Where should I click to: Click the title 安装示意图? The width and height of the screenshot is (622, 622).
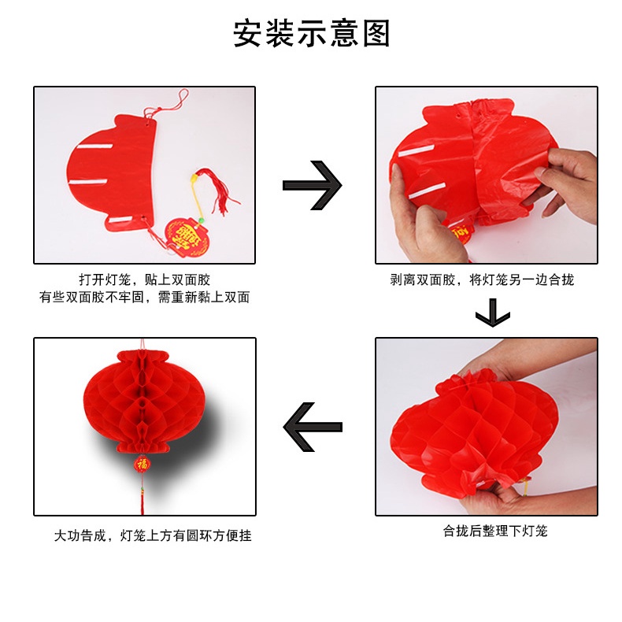click(x=312, y=33)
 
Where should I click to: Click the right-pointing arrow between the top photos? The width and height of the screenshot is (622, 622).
click(x=313, y=185)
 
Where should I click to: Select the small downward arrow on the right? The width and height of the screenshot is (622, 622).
click(x=493, y=313)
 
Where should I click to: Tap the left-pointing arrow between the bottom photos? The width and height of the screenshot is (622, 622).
click(x=313, y=427)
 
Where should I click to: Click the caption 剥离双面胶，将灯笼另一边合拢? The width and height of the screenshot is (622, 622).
click(x=482, y=280)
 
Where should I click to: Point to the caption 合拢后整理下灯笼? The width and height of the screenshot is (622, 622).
click(x=495, y=531)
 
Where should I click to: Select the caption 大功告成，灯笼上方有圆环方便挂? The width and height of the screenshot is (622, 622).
click(x=153, y=535)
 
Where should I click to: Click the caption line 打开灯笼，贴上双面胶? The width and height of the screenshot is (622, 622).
click(x=144, y=280)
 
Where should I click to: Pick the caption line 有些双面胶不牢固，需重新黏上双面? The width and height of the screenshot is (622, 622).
click(x=144, y=297)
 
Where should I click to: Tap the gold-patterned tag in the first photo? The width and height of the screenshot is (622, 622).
click(x=187, y=237)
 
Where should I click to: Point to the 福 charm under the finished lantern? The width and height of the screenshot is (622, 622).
click(x=142, y=464)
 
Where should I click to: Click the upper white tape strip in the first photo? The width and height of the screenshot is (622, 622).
click(x=94, y=146)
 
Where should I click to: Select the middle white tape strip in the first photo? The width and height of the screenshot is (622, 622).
click(x=88, y=182)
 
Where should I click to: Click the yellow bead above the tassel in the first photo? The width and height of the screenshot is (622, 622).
click(x=194, y=179)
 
